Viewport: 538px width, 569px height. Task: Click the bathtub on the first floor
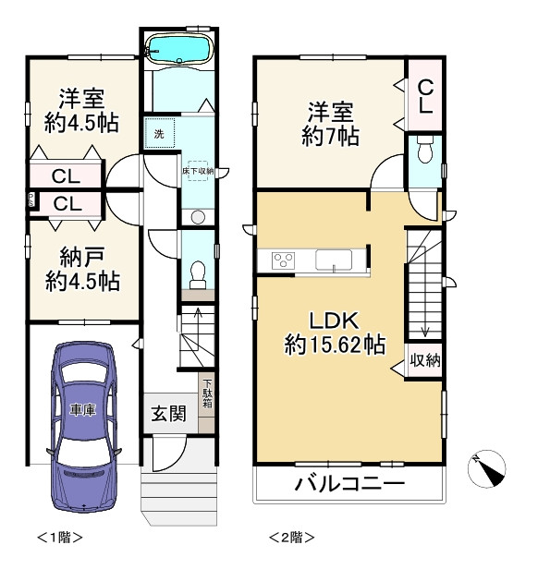[x=180, y=48]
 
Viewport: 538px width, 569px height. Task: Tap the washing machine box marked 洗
[x=158, y=134]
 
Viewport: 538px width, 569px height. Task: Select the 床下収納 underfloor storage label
[x=197, y=172]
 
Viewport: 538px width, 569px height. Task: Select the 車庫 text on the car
[x=81, y=409]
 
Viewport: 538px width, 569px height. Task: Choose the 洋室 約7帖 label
[x=329, y=125]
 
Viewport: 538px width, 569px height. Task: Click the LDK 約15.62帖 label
[x=334, y=333]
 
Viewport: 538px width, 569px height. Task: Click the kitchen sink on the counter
[x=335, y=260]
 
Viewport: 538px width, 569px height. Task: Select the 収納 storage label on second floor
[x=424, y=359]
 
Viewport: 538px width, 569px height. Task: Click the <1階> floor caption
[x=60, y=536]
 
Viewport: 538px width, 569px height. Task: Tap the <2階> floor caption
[x=291, y=536]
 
